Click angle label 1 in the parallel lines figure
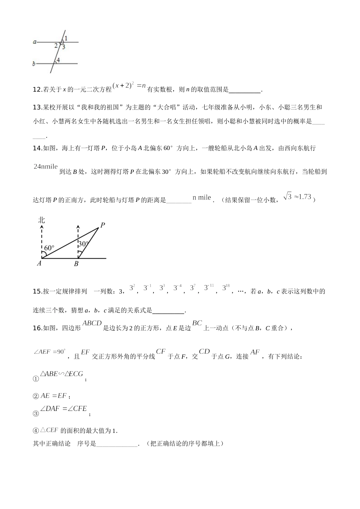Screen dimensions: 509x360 click(66, 38)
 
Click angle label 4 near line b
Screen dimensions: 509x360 click(58, 60)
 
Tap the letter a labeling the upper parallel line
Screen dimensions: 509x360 click(34, 42)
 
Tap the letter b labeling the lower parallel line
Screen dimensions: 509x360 click(34, 64)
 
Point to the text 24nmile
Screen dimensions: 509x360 click(45, 166)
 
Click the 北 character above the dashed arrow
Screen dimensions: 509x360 click(41, 220)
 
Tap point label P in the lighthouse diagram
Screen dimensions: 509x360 click(102, 225)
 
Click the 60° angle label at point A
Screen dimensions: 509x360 click(49, 248)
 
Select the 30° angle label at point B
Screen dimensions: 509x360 click(83, 244)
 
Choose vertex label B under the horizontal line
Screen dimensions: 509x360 click(76, 264)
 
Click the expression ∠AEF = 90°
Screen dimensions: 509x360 click(50, 352)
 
